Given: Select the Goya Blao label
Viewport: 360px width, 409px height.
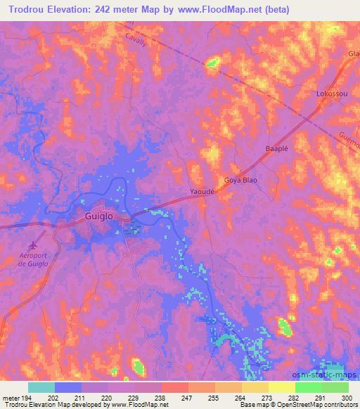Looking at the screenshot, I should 240,181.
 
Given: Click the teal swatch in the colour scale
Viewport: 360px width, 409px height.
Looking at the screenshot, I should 41,387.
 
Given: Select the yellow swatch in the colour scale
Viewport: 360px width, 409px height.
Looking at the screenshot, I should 282,387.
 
